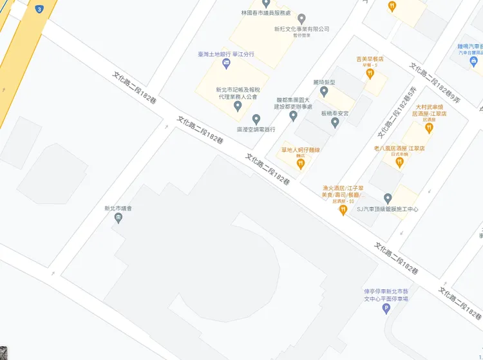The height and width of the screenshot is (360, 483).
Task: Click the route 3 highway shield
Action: (x=40, y=10)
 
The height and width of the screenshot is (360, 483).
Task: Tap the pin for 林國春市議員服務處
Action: (x=266, y=4)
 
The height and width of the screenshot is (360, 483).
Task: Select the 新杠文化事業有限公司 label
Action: (x=301, y=29)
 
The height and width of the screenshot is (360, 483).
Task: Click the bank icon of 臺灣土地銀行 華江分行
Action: (x=226, y=63)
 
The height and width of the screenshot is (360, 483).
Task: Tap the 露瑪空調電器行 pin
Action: (x=256, y=119)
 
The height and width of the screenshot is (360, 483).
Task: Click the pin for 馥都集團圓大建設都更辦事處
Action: (x=293, y=116)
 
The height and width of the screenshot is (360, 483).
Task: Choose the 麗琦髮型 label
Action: (x=324, y=82)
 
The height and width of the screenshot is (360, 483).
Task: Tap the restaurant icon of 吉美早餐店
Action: (x=370, y=73)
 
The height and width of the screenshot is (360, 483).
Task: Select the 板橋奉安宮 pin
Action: (x=334, y=122)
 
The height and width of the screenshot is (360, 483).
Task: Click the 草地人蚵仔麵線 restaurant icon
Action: (x=300, y=164)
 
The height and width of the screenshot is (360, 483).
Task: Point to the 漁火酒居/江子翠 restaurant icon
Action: (x=343, y=210)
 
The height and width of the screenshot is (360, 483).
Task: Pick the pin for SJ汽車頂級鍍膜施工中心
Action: (x=388, y=198)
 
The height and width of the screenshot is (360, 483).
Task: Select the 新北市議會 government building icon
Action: (x=118, y=218)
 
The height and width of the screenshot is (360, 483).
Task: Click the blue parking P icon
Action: (x=386, y=309)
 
